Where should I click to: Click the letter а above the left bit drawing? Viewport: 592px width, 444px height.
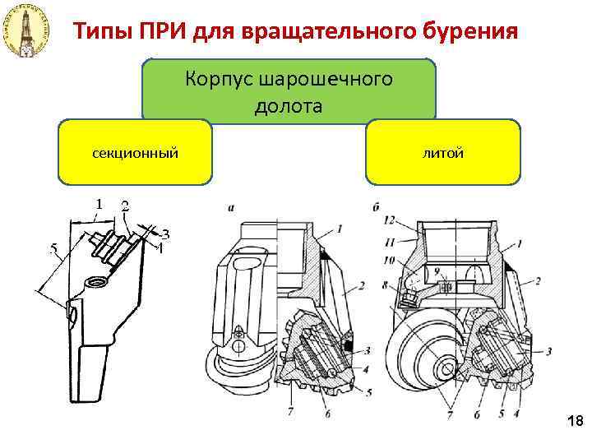(232, 210)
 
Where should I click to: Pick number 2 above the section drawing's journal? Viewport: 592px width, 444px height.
(125, 206)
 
